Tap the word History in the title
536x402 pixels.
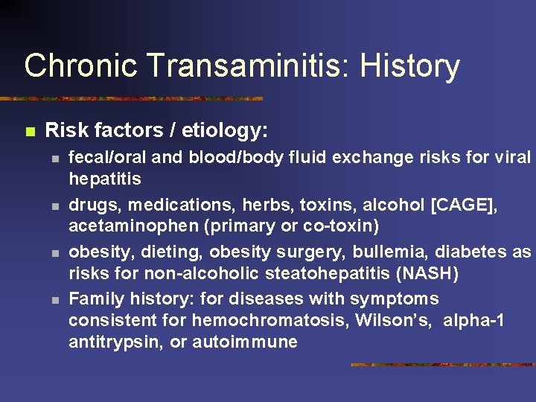point(410,66)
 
